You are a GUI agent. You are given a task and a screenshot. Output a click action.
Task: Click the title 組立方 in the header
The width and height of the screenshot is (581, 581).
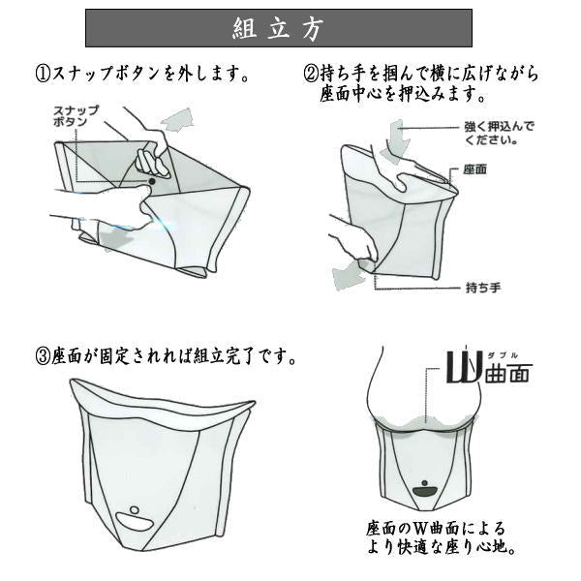(278, 28)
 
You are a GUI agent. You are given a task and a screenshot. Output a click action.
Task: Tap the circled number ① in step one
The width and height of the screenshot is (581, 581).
(44, 74)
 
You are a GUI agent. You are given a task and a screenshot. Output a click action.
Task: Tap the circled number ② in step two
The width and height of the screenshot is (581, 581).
(312, 74)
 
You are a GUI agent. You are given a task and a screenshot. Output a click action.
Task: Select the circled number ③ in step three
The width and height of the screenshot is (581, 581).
(44, 355)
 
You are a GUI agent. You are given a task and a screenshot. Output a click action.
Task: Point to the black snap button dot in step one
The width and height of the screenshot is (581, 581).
(152, 181)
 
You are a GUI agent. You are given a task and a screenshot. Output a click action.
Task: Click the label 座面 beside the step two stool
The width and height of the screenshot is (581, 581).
(474, 169)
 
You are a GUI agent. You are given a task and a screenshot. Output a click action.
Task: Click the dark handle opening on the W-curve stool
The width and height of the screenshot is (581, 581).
(424, 491)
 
